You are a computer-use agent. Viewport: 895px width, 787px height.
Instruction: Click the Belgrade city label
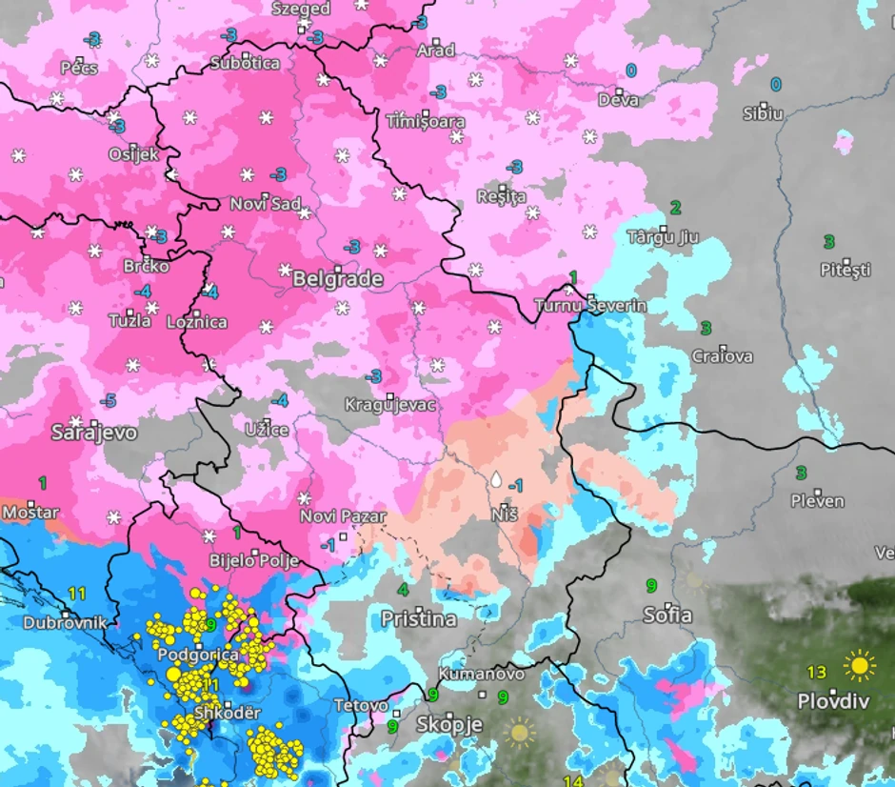click(x=338, y=279)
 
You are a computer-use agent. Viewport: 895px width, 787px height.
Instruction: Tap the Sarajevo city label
click(x=94, y=432)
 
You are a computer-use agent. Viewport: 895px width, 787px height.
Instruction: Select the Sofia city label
click(x=667, y=615)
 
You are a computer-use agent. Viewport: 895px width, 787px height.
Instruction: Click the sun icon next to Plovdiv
click(x=859, y=665)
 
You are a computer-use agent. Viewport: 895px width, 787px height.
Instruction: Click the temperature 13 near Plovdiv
click(x=817, y=672)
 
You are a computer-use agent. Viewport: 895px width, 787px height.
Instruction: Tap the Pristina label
click(x=418, y=619)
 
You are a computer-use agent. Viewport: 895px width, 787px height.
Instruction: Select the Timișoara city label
click(x=426, y=122)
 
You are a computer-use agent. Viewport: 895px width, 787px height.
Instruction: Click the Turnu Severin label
click(x=590, y=306)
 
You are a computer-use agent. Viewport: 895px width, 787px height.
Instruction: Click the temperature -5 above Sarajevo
click(x=109, y=400)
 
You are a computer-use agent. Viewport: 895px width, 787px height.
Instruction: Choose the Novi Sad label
click(x=266, y=204)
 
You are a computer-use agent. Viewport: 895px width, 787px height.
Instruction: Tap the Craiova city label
click(x=723, y=356)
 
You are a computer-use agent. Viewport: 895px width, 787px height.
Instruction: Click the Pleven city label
click(x=817, y=500)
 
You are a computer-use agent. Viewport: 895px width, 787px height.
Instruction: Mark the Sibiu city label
click(x=763, y=113)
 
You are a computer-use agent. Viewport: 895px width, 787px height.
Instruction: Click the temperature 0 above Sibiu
click(x=775, y=85)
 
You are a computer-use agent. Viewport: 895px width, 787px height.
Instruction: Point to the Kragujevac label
click(x=390, y=405)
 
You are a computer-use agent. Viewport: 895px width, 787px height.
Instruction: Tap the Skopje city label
click(x=449, y=725)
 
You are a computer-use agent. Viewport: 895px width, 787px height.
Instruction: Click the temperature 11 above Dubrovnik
click(x=77, y=594)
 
